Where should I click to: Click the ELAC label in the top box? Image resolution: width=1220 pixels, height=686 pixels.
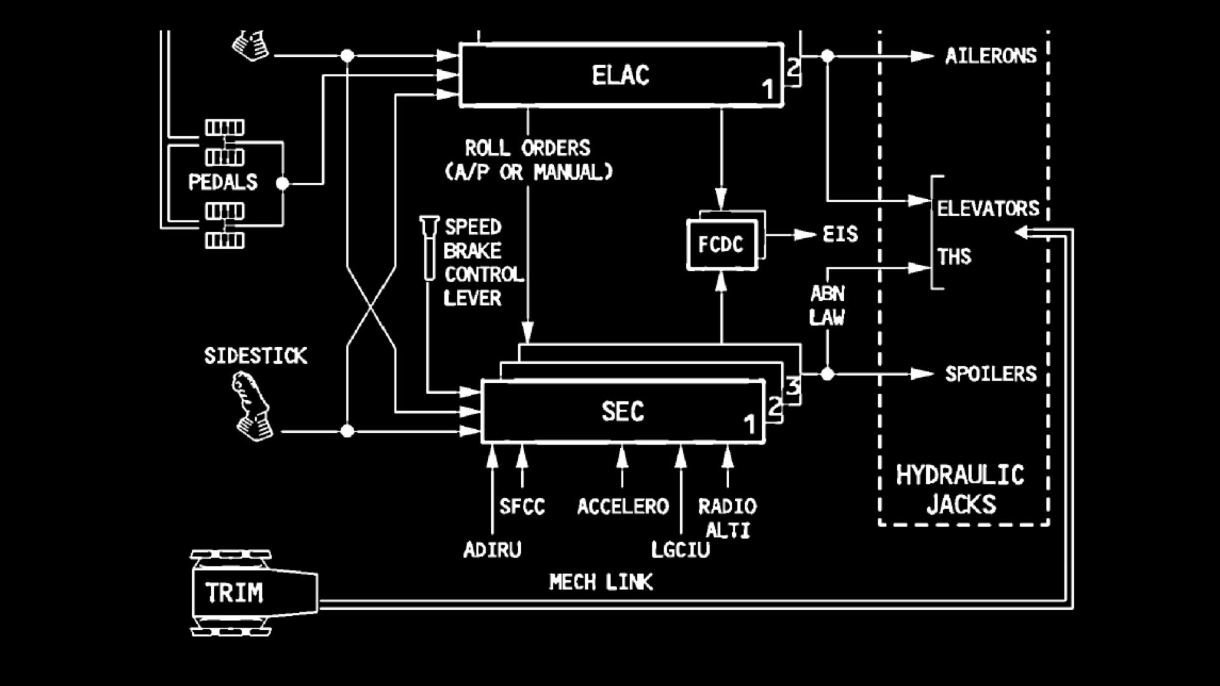(x=620, y=76)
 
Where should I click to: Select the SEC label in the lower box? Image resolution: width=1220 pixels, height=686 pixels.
(x=622, y=412)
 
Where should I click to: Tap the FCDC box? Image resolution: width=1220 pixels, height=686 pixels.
(x=721, y=245)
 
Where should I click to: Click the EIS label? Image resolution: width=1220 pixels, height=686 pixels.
(x=840, y=234)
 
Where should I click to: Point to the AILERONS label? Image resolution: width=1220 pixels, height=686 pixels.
(x=990, y=56)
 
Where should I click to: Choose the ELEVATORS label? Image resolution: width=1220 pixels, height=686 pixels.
(x=987, y=208)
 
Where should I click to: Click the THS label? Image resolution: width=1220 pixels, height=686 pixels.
(x=954, y=257)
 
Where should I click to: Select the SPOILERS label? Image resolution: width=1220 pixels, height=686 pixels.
(x=990, y=373)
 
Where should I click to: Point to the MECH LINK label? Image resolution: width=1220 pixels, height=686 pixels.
(x=600, y=582)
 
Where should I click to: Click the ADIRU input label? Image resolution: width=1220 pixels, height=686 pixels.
(x=492, y=549)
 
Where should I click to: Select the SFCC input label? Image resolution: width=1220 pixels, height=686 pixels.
(x=522, y=506)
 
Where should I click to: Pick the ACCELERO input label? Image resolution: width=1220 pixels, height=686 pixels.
(x=623, y=506)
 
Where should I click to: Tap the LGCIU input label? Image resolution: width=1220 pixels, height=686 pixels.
(x=680, y=549)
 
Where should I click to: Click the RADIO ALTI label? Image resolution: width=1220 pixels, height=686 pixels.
(x=728, y=517)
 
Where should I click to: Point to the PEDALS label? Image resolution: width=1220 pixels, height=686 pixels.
(x=222, y=182)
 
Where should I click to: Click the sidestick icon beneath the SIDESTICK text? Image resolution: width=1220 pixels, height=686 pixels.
(x=252, y=407)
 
